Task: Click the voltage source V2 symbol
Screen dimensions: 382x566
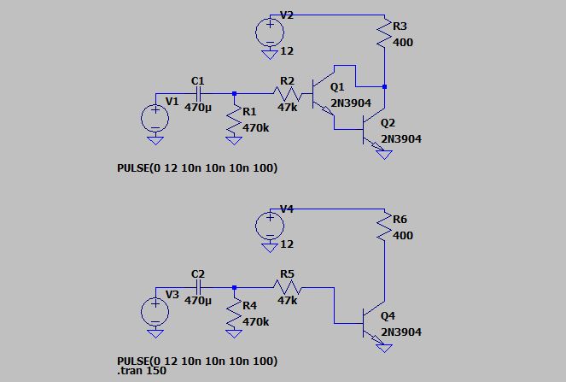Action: click(x=270, y=32)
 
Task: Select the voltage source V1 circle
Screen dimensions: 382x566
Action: click(x=155, y=118)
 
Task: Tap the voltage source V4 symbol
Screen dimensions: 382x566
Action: click(x=270, y=225)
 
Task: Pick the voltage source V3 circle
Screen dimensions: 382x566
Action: click(x=155, y=311)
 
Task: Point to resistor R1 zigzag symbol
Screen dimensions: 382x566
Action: click(x=234, y=120)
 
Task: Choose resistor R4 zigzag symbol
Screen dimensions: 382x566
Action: click(x=234, y=313)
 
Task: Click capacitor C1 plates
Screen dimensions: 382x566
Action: click(x=197, y=94)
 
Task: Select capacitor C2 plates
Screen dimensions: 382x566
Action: click(x=197, y=287)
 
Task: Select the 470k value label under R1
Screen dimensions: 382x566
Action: click(x=255, y=128)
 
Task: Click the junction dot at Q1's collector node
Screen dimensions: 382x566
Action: click(x=385, y=86)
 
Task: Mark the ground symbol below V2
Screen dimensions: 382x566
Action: click(x=270, y=53)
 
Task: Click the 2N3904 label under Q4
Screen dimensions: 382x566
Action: click(x=400, y=332)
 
